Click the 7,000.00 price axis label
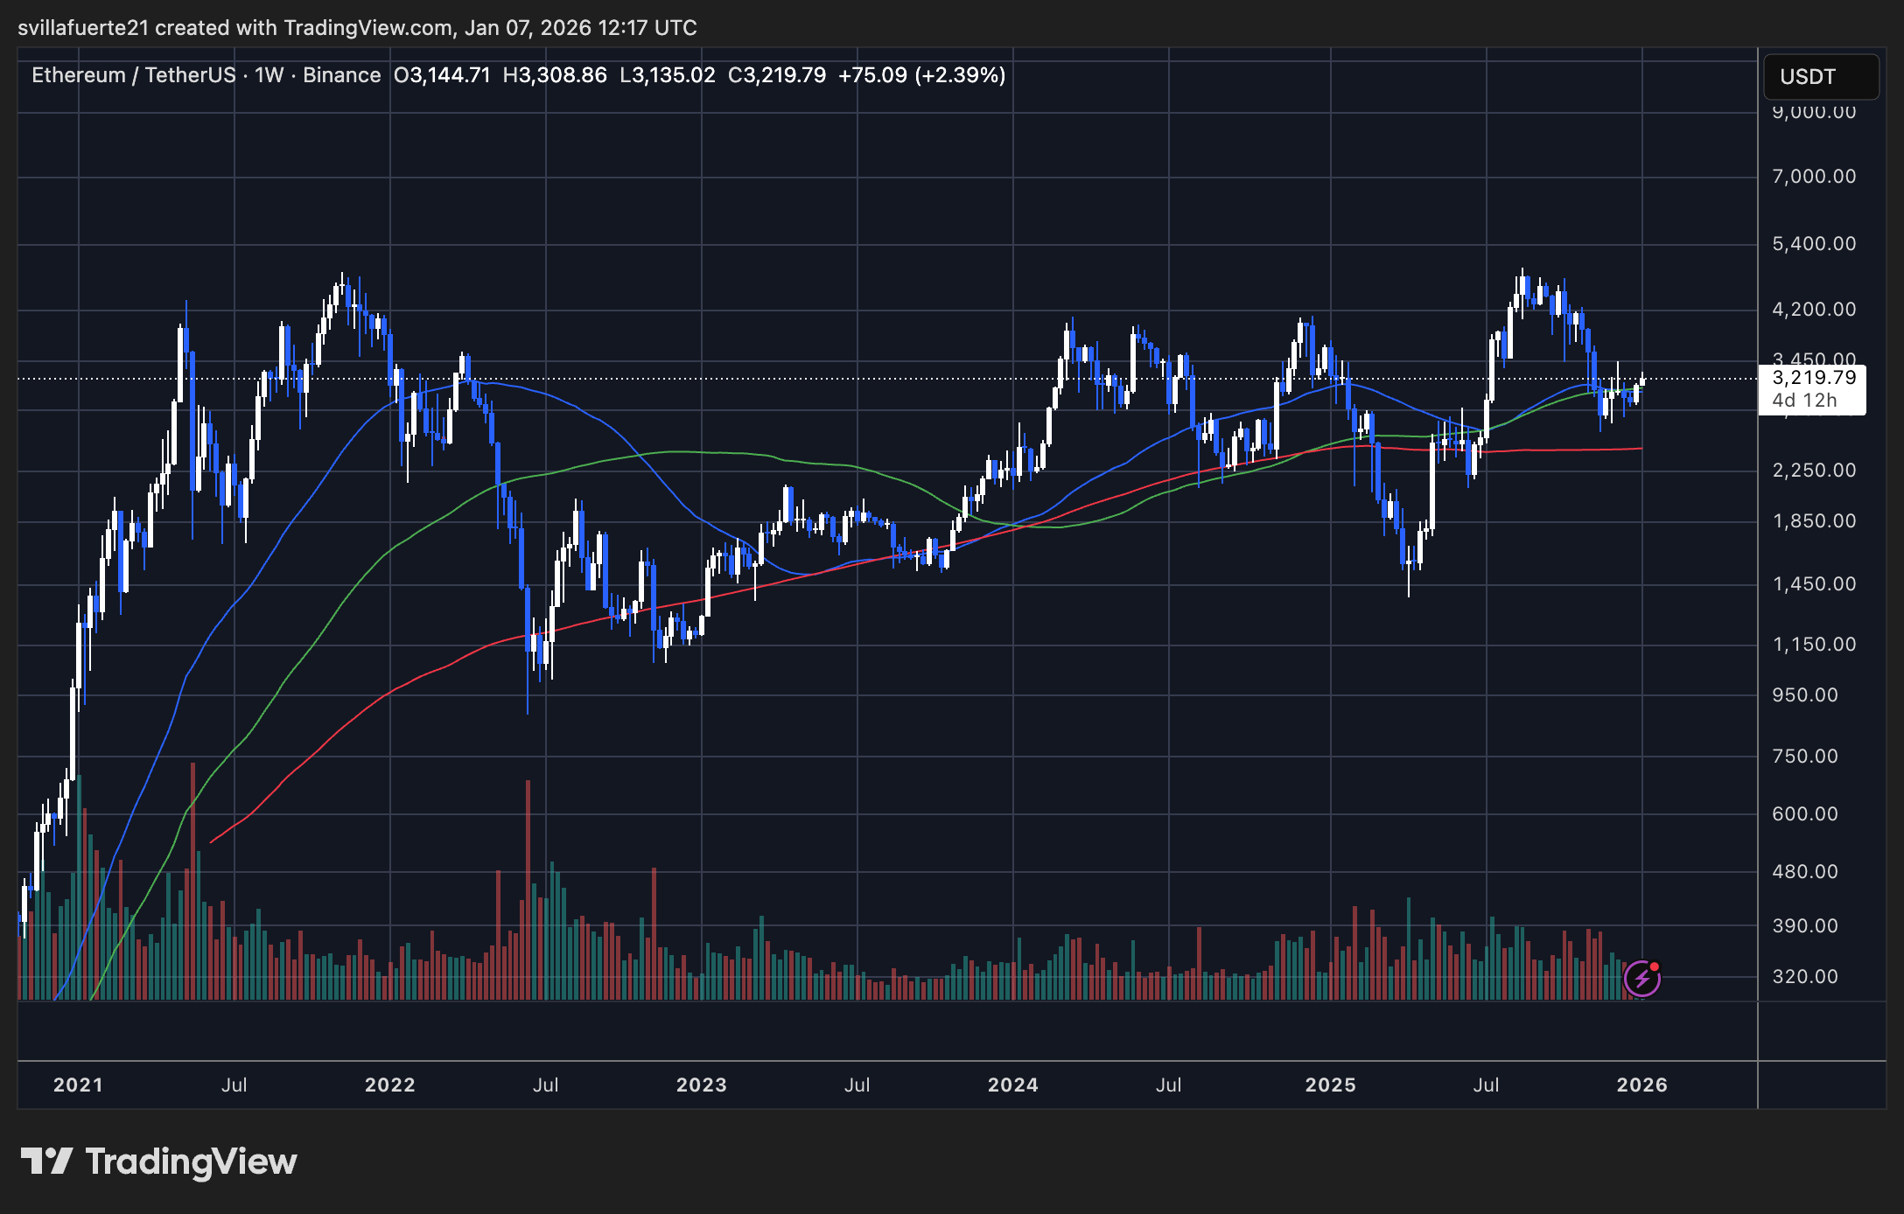1813,177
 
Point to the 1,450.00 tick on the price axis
1813,584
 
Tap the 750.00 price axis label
1813,757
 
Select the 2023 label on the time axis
701,1085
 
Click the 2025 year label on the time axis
1330,1085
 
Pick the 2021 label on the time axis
78,1085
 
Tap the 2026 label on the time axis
1641,1085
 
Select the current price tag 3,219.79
1813,378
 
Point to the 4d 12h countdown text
1804,401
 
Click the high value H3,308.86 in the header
555,75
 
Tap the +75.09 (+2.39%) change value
921,75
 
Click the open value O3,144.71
442,75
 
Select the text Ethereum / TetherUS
134,75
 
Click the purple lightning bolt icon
1641,978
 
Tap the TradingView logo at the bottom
159,1162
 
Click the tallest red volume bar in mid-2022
528,888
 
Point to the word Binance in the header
341,75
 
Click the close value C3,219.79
777,75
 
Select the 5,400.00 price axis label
1813,244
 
